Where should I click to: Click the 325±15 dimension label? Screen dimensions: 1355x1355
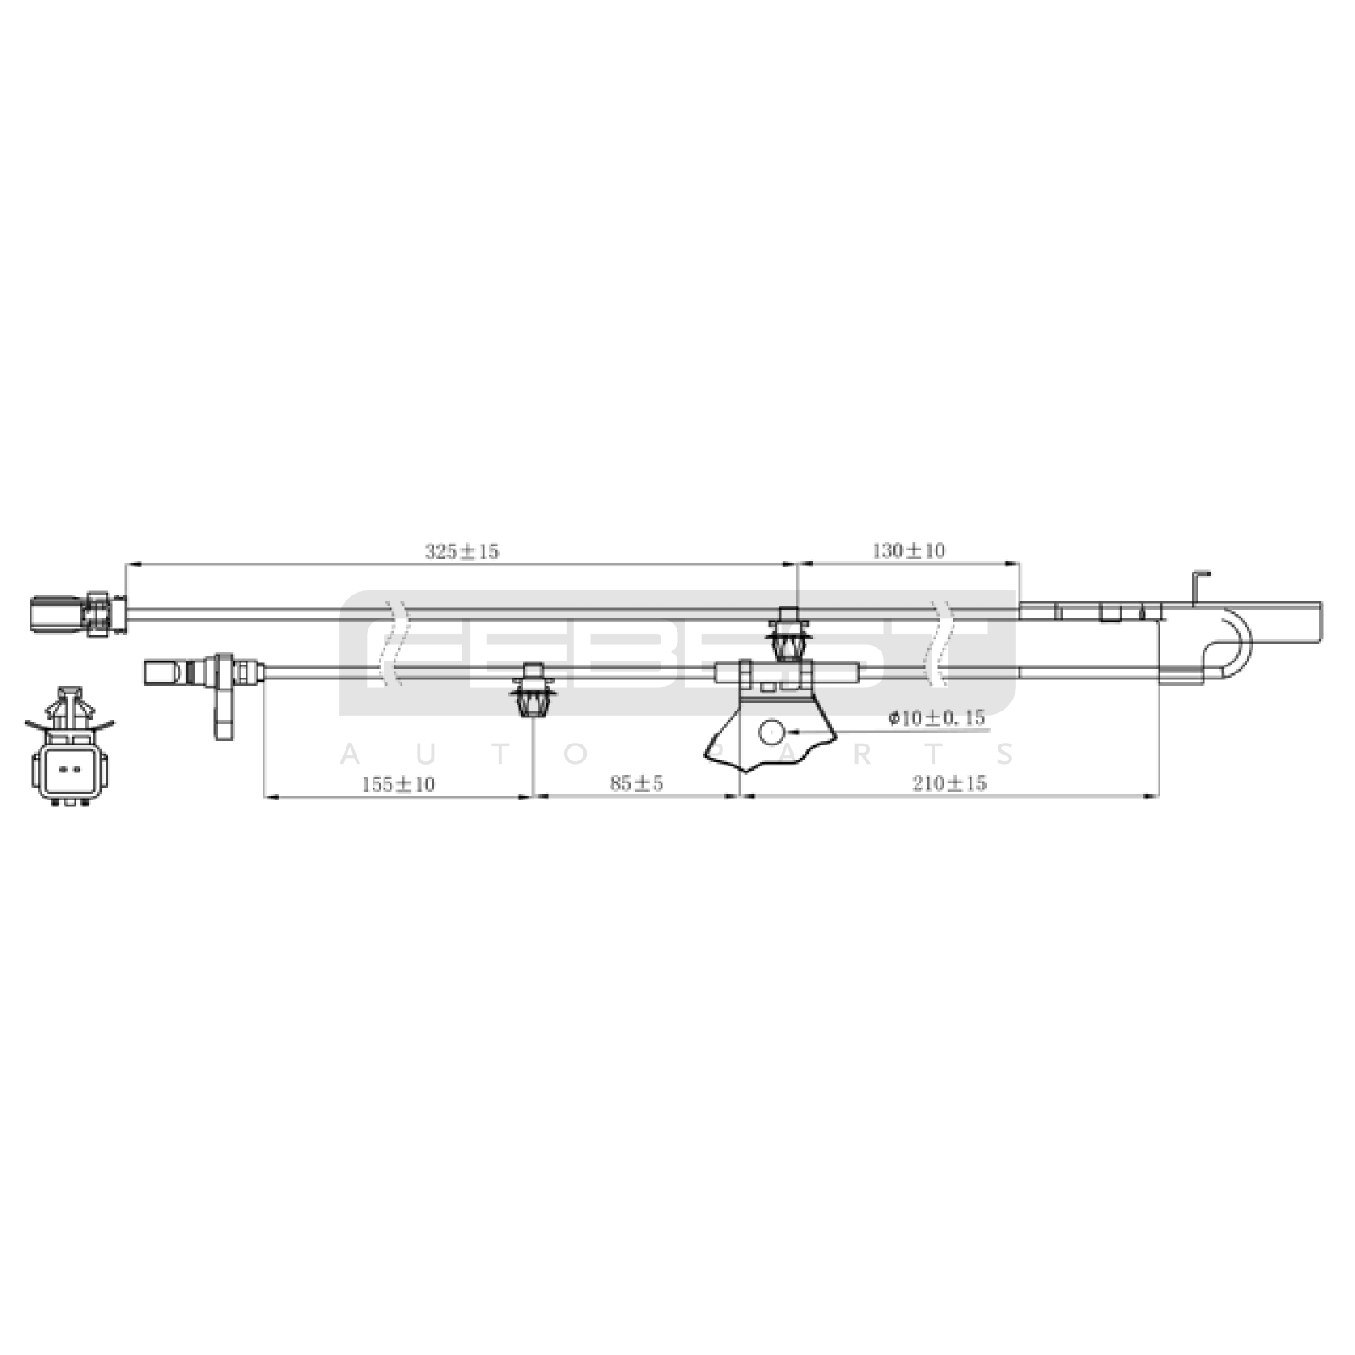click(462, 551)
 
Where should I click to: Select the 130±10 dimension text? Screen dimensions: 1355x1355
click(908, 550)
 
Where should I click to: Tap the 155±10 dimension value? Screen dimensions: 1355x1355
click(398, 784)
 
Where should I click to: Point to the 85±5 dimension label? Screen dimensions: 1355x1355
click(637, 783)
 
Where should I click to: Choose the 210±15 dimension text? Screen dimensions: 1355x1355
click(949, 783)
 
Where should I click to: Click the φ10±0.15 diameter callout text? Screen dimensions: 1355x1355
click(937, 718)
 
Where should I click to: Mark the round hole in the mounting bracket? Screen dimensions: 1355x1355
click(772, 732)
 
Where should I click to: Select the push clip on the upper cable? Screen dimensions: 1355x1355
click(789, 633)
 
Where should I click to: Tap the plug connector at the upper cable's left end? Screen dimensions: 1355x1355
click(78, 613)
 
